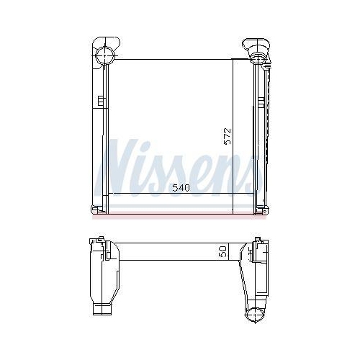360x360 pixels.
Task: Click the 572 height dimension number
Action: (227, 136)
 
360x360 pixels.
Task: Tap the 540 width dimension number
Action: (181, 188)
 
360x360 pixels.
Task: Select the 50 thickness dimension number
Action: (223, 251)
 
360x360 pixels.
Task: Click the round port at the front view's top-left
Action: (105, 55)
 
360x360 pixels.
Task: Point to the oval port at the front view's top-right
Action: (258, 58)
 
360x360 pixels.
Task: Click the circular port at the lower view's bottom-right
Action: (254, 315)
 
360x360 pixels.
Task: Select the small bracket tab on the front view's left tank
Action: (101, 101)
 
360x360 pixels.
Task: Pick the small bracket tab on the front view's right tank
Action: (261, 103)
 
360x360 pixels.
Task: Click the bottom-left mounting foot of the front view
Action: (98, 210)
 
